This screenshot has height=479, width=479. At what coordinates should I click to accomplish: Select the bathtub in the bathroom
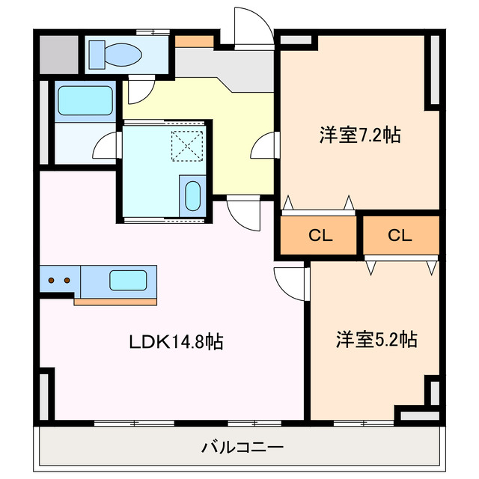(x=85, y=100)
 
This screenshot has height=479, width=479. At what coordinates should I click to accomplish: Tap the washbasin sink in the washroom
(x=192, y=195)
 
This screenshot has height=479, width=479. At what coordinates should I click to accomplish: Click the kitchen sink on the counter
(x=123, y=281)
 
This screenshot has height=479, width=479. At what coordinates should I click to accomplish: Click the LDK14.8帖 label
(x=177, y=342)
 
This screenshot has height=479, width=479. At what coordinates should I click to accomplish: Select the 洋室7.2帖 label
(x=360, y=135)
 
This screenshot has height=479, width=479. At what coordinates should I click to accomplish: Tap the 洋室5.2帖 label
(x=376, y=339)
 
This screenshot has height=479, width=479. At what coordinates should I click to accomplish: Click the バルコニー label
(x=241, y=448)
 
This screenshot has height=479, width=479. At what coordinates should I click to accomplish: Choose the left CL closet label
(x=320, y=235)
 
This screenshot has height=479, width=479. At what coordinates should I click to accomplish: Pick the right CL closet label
(x=400, y=235)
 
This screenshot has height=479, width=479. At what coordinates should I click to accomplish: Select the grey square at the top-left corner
(x=58, y=54)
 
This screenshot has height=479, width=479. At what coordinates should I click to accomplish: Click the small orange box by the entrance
(x=195, y=40)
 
